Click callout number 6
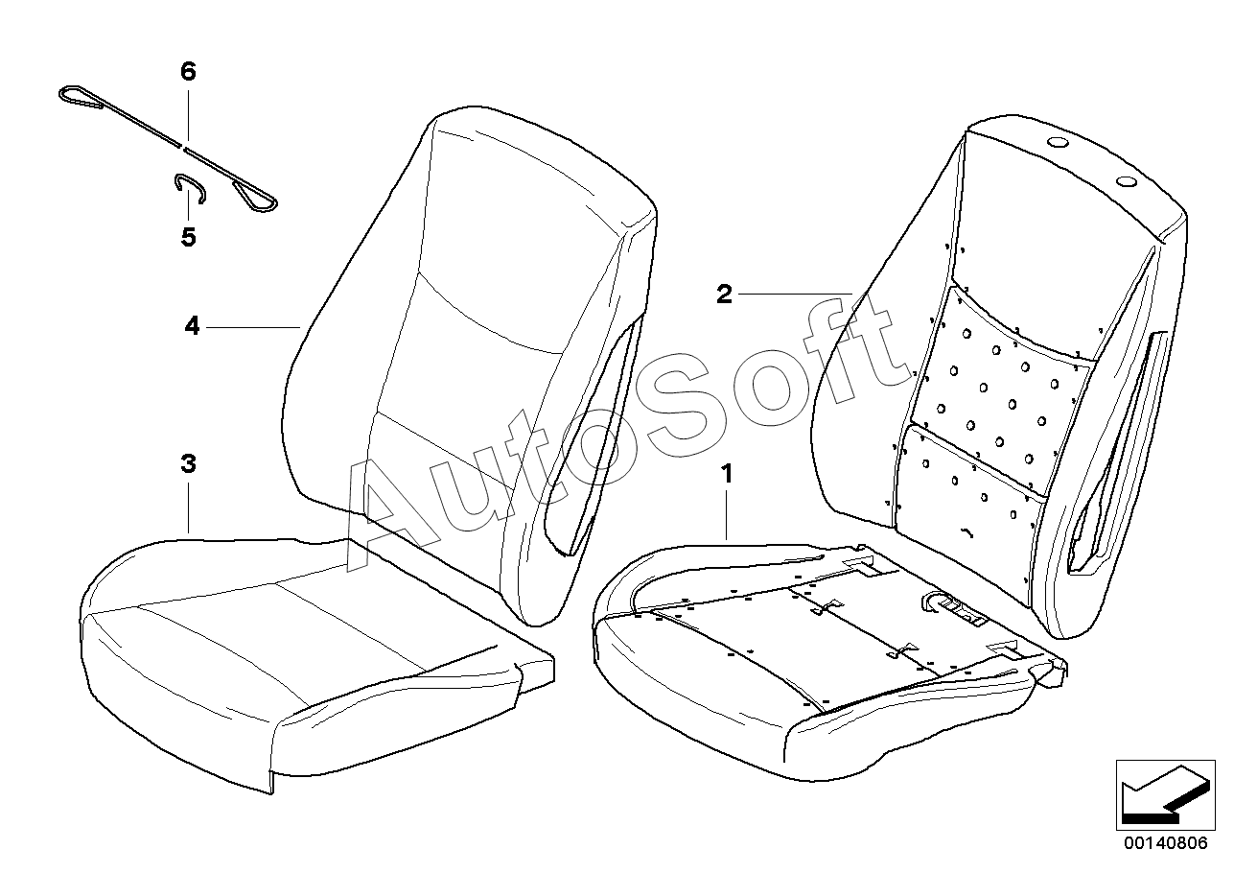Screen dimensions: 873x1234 [x=188, y=70]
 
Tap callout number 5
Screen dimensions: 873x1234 [x=188, y=236]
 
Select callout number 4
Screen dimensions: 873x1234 [x=193, y=327]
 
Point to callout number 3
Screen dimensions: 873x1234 [x=188, y=464]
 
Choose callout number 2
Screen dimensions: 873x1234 [x=724, y=294]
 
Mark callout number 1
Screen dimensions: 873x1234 [x=727, y=473]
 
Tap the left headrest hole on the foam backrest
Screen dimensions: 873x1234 [x=1058, y=144]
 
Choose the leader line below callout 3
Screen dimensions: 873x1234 [x=188, y=508]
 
